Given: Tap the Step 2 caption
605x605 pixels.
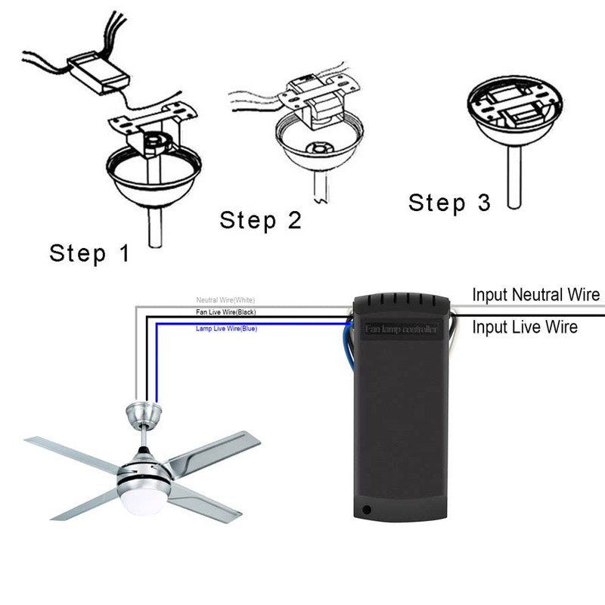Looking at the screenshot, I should click(x=260, y=220).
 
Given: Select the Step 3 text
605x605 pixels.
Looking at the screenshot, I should click(x=449, y=202).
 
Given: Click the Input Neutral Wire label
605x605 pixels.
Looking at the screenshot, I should click(x=536, y=294).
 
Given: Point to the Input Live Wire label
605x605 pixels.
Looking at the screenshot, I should click(x=525, y=327).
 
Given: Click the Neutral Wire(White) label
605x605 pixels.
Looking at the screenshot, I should click(x=226, y=300).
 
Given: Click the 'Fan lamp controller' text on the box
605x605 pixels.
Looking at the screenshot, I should click(x=402, y=329).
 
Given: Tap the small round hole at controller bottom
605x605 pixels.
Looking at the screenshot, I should click(x=368, y=510).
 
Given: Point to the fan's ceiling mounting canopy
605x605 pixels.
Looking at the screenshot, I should click(x=144, y=413).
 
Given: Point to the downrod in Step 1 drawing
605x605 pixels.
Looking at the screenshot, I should click(x=157, y=227).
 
